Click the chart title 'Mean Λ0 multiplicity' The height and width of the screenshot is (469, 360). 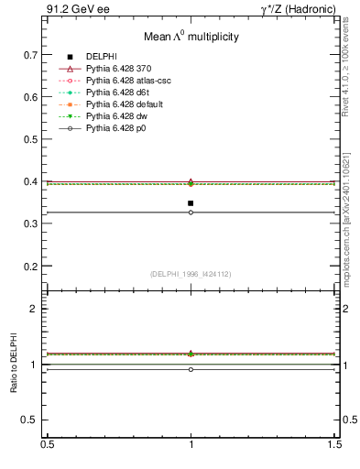pos(191,38)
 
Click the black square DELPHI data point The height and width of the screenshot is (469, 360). pos(191,203)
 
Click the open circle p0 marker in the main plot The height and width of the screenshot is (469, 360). pos(191,213)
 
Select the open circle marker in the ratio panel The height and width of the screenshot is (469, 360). pos(191,369)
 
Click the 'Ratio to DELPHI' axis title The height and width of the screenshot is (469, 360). pos(14,365)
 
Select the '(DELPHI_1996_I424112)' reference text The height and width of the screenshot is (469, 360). pos(191,273)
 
